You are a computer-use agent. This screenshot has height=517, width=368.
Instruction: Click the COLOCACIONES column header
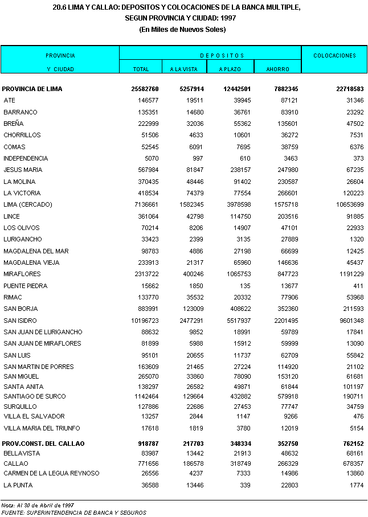click(334, 56)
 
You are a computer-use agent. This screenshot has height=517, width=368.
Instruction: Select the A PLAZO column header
click(232, 69)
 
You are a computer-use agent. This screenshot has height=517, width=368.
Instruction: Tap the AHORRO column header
click(277, 69)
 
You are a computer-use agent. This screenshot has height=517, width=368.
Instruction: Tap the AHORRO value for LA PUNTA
click(288, 485)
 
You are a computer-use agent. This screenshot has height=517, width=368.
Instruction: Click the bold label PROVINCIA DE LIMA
click(32, 89)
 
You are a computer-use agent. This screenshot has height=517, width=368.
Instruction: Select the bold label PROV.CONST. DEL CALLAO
click(43, 443)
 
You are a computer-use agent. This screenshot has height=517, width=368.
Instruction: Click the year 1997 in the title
click(229, 18)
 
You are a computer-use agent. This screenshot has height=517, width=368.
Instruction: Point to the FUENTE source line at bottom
click(73, 512)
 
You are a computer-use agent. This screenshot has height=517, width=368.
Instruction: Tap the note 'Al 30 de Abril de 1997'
click(45, 505)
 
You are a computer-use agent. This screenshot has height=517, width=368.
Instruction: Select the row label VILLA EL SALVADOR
click(34, 416)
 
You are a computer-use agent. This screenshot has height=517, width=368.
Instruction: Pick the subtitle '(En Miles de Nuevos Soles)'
click(183, 29)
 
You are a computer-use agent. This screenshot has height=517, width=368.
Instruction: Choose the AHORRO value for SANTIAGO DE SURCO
click(285, 396)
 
